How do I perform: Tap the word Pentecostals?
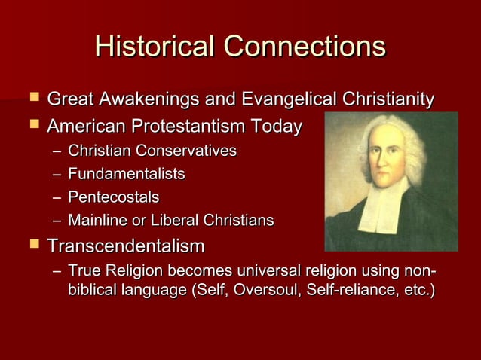click(113, 197)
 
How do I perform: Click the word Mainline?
click(95, 221)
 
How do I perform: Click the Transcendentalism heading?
click(125, 246)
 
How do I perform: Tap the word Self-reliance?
click(351, 291)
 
